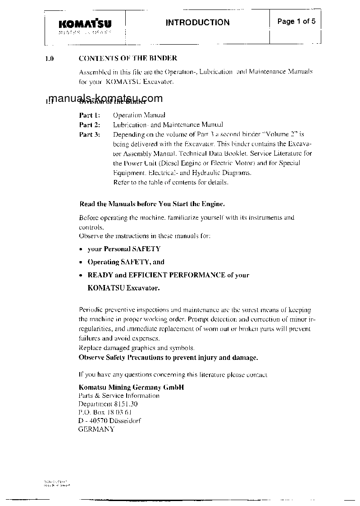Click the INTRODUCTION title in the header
click(197, 23)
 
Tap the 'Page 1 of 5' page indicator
click(296, 21)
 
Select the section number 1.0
click(50, 59)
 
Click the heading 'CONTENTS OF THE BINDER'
click(128, 58)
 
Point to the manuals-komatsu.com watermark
click(105, 99)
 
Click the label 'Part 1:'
click(90, 115)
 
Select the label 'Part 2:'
click(90, 124)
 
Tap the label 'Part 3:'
click(90, 134)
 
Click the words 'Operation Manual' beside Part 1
click(139, 115)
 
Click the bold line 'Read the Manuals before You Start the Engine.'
click(152, 204)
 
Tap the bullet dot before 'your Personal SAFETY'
click(80, 249)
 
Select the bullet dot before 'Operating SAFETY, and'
click(80, 262)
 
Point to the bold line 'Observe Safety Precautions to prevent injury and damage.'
click(168, 358)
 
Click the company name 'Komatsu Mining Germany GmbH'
click(131, 387)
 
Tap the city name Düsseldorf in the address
click(123, 421)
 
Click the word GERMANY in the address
click(96, 429)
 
